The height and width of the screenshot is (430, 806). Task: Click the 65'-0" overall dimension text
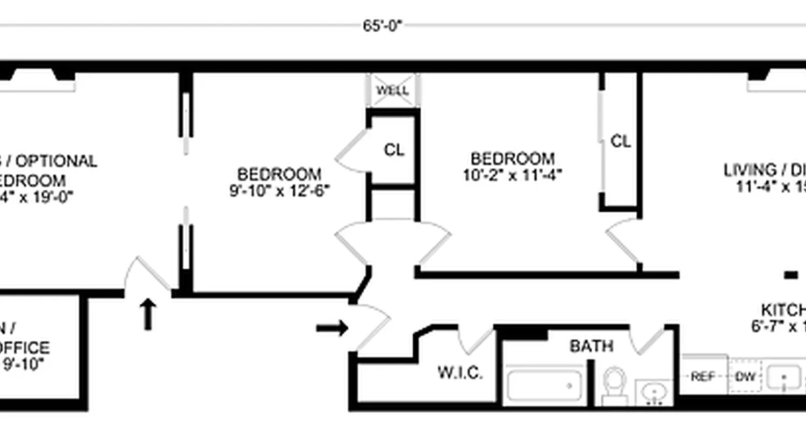382,26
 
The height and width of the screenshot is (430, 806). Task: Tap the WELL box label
392,90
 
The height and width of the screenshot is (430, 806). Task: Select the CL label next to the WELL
394,150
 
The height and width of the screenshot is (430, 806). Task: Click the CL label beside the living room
621,141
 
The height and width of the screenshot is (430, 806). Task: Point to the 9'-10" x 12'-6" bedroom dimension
279,191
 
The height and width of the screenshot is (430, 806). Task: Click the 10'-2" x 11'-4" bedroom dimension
513,176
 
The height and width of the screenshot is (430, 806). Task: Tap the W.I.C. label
460,372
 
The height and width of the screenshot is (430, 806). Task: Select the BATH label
591,347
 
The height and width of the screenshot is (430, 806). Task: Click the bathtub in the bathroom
544,385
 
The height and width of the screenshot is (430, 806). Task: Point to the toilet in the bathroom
614,384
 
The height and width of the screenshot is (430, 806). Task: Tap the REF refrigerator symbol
703,377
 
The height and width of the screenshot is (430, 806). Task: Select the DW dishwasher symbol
746,377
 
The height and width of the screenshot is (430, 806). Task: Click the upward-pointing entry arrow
148,314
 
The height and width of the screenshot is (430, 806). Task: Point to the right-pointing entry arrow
332,328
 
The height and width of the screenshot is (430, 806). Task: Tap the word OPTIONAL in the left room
60,161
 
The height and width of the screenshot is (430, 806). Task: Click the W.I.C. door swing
476,339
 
